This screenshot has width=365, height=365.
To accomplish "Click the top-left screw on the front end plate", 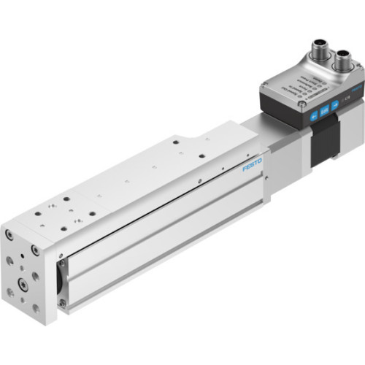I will (x=9, y=235).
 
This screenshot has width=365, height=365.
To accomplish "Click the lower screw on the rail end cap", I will (x=63, y=302).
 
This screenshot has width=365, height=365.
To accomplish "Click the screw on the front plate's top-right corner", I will (x=35, y=250).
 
